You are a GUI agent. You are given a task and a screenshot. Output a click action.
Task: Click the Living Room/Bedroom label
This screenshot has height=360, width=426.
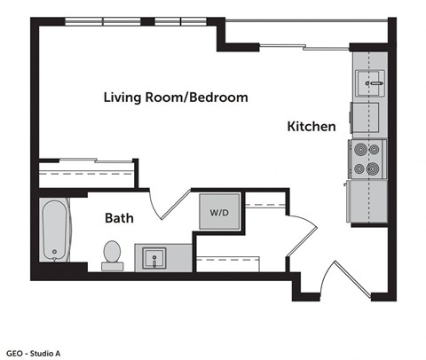click(175, 98)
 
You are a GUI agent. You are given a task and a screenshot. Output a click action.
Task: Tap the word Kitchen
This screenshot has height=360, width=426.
click(311, 127)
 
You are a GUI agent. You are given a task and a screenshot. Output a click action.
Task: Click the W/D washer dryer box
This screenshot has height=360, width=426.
click(219, 214)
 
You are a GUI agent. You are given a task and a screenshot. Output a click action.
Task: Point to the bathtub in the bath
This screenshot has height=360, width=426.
click(54, 230)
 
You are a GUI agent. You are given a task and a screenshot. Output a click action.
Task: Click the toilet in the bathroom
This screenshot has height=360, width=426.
click(112, 254)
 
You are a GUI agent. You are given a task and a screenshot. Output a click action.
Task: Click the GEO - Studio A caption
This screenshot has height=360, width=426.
click(35, 351)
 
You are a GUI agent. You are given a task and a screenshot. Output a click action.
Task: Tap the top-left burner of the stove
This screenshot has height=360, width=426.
click(359, 150)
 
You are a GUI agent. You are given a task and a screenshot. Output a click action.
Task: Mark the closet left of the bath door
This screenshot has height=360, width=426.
click(86, 173)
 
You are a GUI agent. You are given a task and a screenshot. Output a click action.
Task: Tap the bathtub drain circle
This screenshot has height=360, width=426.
click(54, 253)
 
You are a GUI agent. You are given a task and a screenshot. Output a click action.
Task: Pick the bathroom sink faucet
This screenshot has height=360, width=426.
click(156, 263)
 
